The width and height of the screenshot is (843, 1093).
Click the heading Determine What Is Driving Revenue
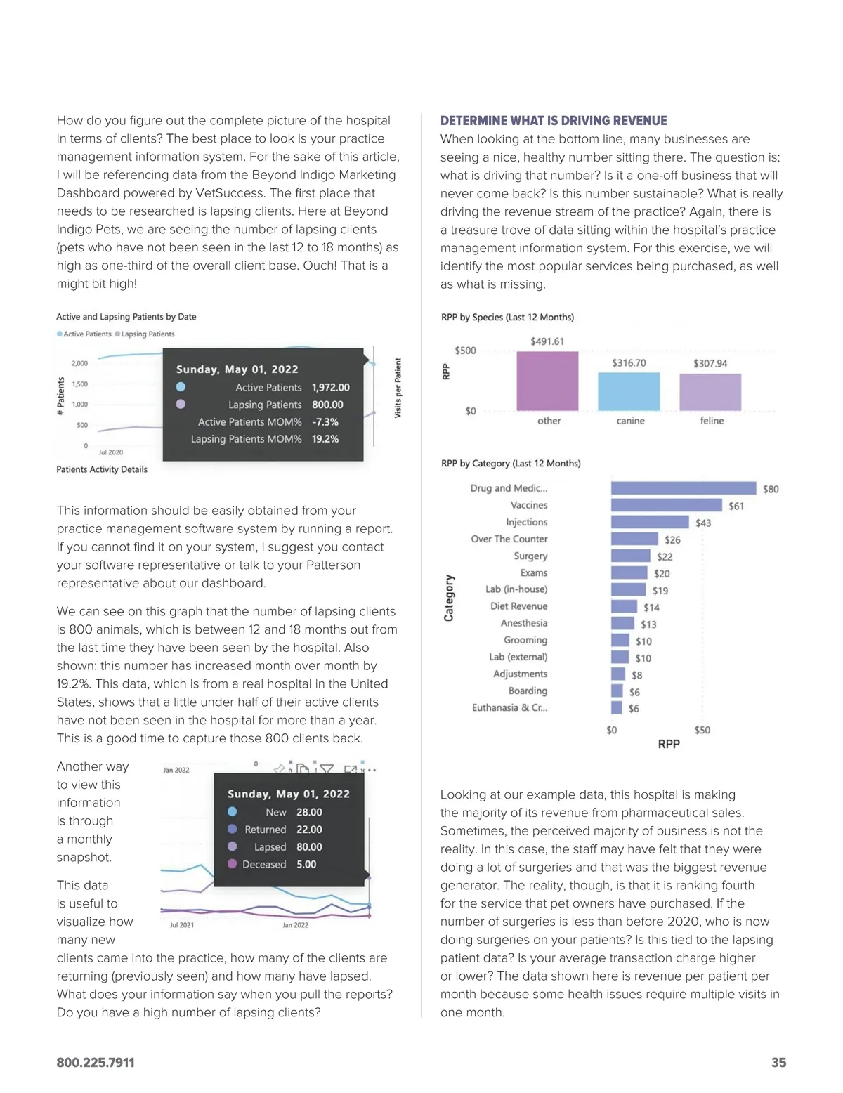click(x=554, y=121)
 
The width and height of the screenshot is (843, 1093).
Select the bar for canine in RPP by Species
click(x=629, y=391)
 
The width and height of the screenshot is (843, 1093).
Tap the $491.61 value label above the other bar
click(x=547, y=341)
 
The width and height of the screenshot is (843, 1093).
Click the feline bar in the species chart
click(x=710, y=392)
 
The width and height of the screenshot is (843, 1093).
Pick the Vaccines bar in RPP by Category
click(x=666, y=505)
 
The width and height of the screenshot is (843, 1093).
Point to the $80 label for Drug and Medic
click(x=771, y=489)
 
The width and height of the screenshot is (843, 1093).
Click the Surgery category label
click(x=530, y=556)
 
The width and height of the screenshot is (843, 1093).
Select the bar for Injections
click(x=650, y=522)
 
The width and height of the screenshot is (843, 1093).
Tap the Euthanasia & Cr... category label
click(x=509, y=707)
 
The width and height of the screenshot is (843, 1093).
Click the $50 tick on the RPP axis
click(x=702, y=730)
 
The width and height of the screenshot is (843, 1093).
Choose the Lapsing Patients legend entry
click(x=145, y=334)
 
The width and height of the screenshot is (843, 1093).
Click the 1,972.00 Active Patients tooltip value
click(x=330, y=387)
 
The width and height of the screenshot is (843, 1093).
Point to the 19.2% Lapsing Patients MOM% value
click(x=325, y=439)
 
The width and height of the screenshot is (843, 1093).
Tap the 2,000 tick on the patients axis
click(x=79, y=363)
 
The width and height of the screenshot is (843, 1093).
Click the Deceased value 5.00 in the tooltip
click(x=306, y=864)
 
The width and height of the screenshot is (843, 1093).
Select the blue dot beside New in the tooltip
click(x=233, y=812)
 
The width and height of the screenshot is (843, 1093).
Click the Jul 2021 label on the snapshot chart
click(x=182, y=925)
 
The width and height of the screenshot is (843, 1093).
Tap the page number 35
click(x=778, y=1063)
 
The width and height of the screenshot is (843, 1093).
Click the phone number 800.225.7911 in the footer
click(x=96, y=1063)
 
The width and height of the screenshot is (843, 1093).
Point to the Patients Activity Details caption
click(x=102, y=469)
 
